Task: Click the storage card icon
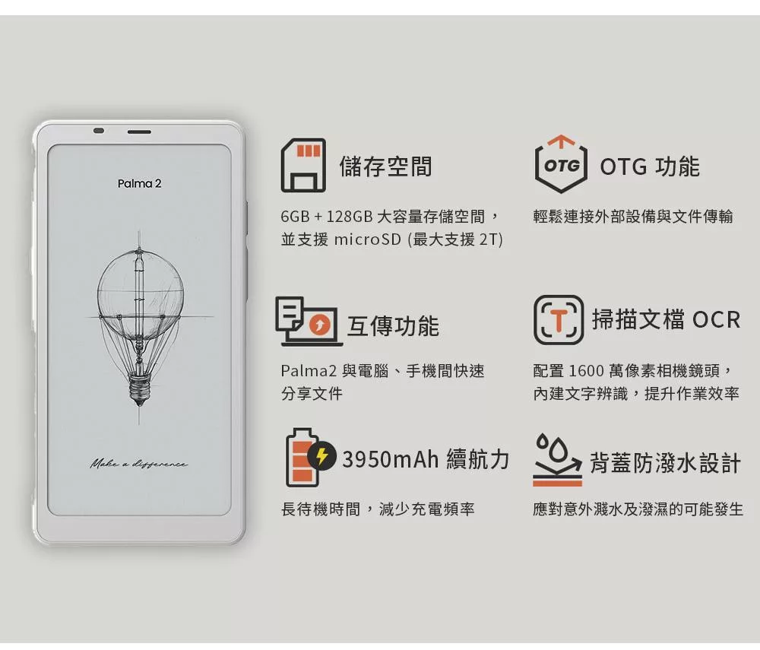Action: pos(303,165)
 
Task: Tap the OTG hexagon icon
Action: pos(561,164)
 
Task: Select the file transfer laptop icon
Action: pos(309,322)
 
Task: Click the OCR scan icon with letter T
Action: pos(559,320)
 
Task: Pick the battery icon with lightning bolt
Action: pos(309,458)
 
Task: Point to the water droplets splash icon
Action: pos(557,459)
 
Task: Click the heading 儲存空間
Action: pos(385,166)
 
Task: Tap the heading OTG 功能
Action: pos(650,166)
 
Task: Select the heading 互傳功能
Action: pos(393,325)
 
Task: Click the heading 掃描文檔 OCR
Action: pos(666,319)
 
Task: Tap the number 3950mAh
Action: pos(390,459)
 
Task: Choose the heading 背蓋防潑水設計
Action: pos(665,463)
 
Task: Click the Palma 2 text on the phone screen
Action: pos(139,184)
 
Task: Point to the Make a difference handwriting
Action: pos(138,464)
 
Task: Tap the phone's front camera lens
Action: pos(99,131)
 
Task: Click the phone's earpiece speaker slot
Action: pos(139,132)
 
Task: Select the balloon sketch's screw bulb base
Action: pos(140,389)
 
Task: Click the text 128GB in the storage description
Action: pos(349,216)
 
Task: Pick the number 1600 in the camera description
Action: pos(585,371)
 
